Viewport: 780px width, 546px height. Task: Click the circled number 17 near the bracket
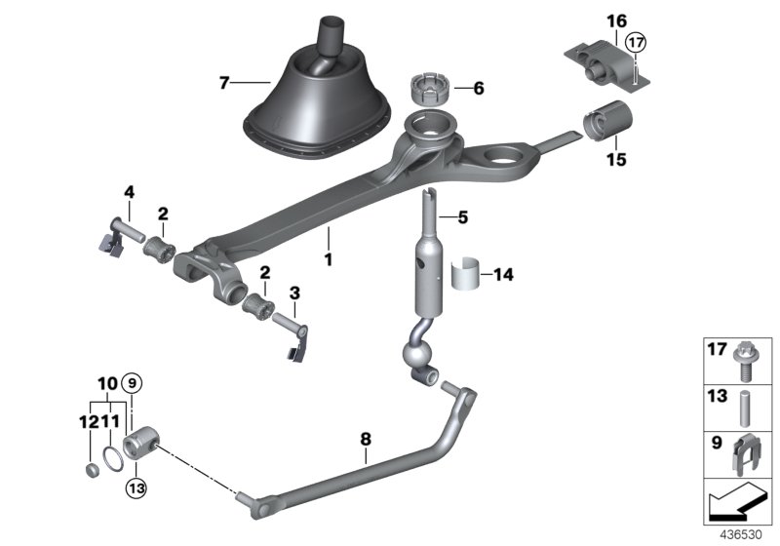[x=635, y=43]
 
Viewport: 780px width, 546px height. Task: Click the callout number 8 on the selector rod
[x=366, y=441]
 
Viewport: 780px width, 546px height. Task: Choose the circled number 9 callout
[x=133, y=382]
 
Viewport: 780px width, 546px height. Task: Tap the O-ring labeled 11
[x=114, y=458]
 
